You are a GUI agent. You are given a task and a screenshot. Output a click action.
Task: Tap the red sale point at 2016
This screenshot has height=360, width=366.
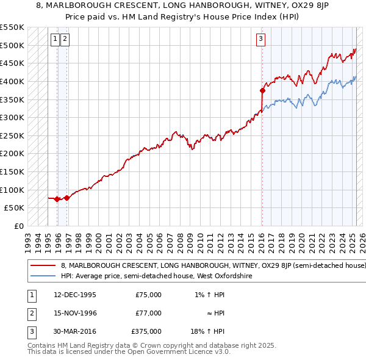262,90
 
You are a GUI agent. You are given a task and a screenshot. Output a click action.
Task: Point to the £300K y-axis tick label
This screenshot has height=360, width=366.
12,117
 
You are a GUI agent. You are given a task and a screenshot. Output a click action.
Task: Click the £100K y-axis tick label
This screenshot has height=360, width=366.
12,190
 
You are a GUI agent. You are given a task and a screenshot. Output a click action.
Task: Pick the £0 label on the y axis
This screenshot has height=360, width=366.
19,226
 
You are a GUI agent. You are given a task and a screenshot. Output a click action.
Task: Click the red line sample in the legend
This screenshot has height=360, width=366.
43,266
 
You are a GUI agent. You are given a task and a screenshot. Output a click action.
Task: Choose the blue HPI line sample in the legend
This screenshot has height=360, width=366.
43,276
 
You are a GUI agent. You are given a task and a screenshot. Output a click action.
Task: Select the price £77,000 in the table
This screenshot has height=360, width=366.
148,313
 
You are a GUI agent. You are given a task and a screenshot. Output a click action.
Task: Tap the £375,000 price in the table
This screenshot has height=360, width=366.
146,331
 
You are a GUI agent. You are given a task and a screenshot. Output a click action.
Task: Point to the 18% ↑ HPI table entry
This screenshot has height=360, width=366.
209,331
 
